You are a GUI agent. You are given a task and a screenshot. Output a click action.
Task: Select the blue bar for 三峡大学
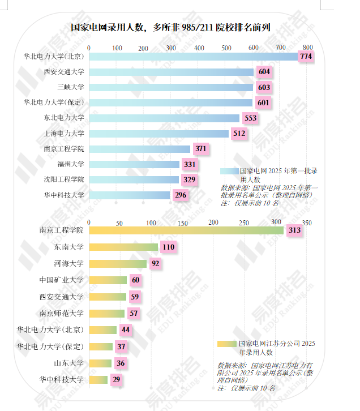(x=172, y=87)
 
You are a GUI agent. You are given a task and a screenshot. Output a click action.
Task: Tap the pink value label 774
(x=306, y=57)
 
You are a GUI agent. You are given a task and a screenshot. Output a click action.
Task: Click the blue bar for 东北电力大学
(x=165, y=118)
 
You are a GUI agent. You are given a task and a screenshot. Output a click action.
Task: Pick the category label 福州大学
(x=71, y=164)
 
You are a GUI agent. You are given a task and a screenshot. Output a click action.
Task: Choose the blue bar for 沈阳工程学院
(x=135, y=179)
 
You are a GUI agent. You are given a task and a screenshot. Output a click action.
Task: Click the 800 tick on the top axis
(x=307, y=48)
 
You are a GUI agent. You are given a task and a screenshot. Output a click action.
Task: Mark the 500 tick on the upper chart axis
(x=226, y=48)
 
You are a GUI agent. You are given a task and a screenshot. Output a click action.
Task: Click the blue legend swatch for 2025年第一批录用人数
(x=229, y=170)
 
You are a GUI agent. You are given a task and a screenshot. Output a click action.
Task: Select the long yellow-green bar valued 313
(x=187, y=230)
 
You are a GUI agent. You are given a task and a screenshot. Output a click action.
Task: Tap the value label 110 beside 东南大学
(x=168, y=247)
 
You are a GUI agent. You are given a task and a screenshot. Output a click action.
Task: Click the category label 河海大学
(x=68, y=263)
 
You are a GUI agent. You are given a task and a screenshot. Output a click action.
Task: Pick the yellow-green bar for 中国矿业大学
(x=109, y=280)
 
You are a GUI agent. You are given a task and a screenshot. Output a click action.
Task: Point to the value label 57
(x=134, y=313)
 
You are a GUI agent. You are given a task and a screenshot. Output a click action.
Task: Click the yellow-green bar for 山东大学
(x=101, y=363)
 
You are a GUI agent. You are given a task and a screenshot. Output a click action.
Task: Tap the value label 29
(x=116, y=380)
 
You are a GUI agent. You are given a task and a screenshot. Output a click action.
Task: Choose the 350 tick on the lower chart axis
(x=306, y=223)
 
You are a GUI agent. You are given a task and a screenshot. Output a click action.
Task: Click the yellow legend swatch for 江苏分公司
(x=227, y=344)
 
